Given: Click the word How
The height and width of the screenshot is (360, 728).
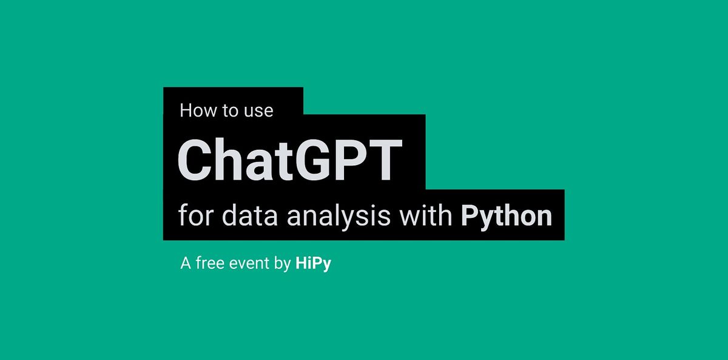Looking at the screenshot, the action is [198, 110].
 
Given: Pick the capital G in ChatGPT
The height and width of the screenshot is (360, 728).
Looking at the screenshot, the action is [314, 160].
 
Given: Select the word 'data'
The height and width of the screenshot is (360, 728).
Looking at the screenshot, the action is [249, 216].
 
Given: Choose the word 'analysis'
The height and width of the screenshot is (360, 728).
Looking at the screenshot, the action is [339, 217].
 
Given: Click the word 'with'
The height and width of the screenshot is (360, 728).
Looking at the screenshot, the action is [426, 215].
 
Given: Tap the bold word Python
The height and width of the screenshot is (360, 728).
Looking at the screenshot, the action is [507, 217].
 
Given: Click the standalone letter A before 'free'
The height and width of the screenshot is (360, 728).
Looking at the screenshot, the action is [186, 263].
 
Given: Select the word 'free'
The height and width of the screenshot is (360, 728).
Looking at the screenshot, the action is [210, 263].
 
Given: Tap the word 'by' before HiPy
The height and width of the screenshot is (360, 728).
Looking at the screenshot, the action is [282, 265].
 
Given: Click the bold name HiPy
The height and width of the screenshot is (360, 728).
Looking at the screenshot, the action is [313, 265].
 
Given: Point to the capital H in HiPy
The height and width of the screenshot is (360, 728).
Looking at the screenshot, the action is [301, 263].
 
